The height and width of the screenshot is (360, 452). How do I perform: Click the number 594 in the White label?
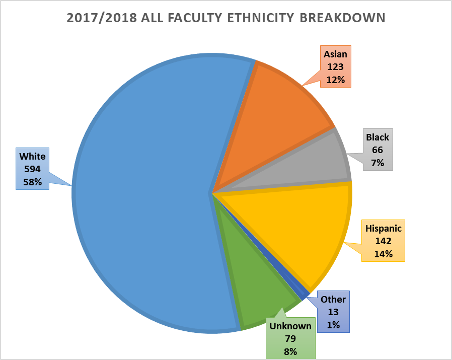pyautogui.click(x=32, y=169)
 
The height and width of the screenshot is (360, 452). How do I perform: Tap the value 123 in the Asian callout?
pyautogui.click(x=335, y=66)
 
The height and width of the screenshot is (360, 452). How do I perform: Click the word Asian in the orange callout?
pyautogui.click(x=335, y=54)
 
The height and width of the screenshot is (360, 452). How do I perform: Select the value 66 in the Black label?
pyautogui.click(x=378, y=150)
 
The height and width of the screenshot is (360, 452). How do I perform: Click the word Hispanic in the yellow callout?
pyautogui.click(x=384, y=229)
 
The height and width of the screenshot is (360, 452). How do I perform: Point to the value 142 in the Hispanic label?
pyautogui.click(x=384, y=241)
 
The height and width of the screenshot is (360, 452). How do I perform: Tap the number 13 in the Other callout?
pyautogui.click(x=333, y=312)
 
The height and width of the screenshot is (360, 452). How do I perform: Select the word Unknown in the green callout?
pyautogui.click(x=290, y=326)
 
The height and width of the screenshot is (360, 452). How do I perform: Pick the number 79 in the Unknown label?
pyautogui.click(x=290, y=339)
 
